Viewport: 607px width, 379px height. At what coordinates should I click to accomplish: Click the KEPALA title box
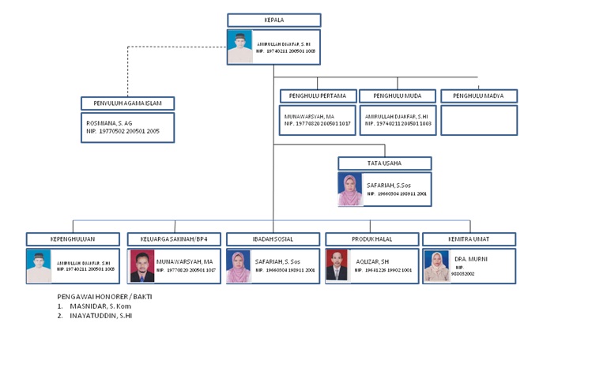click(x=273, y=20)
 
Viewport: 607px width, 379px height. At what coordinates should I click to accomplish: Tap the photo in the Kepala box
click(x=239, y=47)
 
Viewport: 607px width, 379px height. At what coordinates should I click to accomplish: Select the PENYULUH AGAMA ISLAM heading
click(x=127, y=103)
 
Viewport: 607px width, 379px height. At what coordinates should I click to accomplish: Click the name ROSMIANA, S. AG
click(x=109, y=123)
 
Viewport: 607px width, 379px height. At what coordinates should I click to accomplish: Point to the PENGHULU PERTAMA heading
click(x=318, y=96)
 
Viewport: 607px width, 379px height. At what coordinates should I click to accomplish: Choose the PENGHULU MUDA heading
click(x=398, y=96)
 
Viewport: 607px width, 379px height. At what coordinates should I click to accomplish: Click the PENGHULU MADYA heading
click(x=479, y=96)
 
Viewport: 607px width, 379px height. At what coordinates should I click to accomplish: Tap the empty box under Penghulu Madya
click(x=479, y=120)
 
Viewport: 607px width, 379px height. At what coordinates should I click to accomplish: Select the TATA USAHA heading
click(x=384, y=163)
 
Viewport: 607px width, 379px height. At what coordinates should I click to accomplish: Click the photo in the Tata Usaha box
click(x=350, y=189)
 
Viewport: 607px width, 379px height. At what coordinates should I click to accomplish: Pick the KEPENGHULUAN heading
click(x=73, y=239)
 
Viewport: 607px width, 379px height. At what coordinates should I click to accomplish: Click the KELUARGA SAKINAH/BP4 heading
click(x=175, y=239)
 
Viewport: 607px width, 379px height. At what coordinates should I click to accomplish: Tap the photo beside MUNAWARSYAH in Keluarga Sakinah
click(x=141, y=266)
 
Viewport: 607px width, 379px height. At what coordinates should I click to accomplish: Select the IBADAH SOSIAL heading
click(x=273, y=239)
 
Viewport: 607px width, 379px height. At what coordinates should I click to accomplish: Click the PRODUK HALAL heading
click(x=371, y=239)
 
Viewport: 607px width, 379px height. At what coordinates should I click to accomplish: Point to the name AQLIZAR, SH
click(x=371, y=261)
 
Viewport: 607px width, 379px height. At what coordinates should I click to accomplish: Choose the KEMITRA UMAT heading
click(x=469, y=239)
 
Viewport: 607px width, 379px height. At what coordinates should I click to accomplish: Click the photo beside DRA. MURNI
click(x=436, y=266)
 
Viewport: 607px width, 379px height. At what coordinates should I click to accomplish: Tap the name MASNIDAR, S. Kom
click(x=100, y=306)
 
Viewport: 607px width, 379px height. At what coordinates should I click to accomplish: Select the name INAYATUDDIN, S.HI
click(x=104, y=315)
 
